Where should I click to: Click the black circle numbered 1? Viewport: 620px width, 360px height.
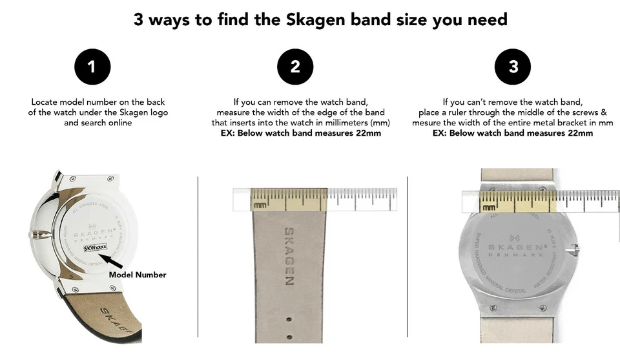[x=92, y=67]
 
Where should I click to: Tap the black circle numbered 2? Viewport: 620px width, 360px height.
[x=295, y=67]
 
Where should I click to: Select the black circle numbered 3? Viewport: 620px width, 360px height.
[x=513, y=67]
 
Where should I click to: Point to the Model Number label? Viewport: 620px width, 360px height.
[x=137, y=275]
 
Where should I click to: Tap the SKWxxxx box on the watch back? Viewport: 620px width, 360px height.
[x=94, y=247]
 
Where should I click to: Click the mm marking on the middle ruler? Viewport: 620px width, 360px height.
[x=260, y=205]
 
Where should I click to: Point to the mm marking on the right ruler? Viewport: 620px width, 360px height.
[x=490, y=207]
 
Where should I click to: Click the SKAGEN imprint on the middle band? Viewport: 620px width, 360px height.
[x=289, y=257]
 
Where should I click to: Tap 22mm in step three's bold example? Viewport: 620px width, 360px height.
[x=580, y=133]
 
